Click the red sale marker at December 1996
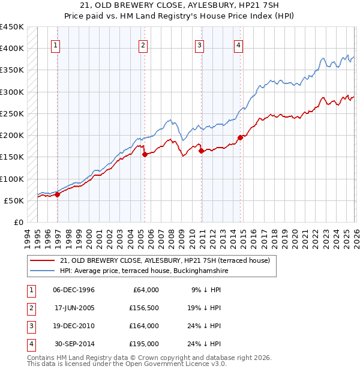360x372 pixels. point(58,194)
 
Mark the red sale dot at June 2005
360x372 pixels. point(145,154)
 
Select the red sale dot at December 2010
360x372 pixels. point(201,151)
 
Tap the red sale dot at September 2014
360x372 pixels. point(240,137)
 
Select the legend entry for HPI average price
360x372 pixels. point(144,271)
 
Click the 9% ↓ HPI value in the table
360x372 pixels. point(207,289)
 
